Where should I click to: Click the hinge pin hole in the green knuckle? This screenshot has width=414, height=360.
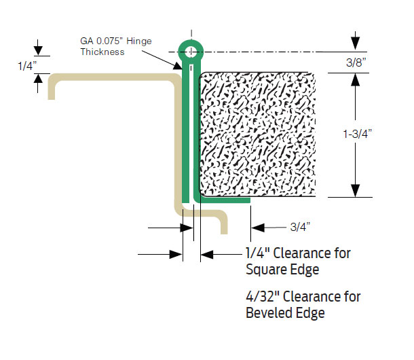point(191,52)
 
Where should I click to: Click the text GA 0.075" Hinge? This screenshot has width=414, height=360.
point(115,41)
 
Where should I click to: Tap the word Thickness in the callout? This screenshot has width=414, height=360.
point(102,52)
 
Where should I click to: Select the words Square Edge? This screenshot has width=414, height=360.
point(282,270)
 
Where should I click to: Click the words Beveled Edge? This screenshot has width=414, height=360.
point(285,313)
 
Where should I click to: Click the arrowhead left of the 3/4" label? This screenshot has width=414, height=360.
point(257,227)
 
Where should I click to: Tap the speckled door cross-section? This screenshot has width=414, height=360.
point(258,132)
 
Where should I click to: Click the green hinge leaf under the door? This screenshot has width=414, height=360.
point(224,200)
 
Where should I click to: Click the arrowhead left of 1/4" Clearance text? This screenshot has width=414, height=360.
point(208,255)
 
